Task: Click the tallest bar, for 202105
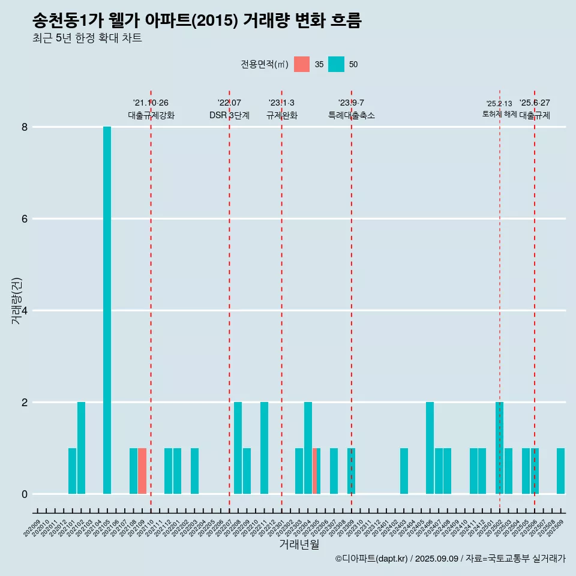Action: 107,310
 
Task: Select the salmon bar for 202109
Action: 142,471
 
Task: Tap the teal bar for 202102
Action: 81,448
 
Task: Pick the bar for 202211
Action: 264,448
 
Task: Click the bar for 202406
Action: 430,448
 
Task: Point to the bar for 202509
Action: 560,471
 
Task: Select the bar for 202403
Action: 404,471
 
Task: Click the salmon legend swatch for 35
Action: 302,64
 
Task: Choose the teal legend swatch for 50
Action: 337,64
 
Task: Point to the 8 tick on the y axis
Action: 25,127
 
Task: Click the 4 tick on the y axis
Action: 25,311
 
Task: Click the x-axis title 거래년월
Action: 299,544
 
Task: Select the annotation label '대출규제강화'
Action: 151,115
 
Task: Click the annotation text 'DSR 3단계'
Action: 229,115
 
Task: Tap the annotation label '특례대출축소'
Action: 352,115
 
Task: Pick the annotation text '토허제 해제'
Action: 499,114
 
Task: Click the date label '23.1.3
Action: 281,103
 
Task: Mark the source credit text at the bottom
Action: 450,559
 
